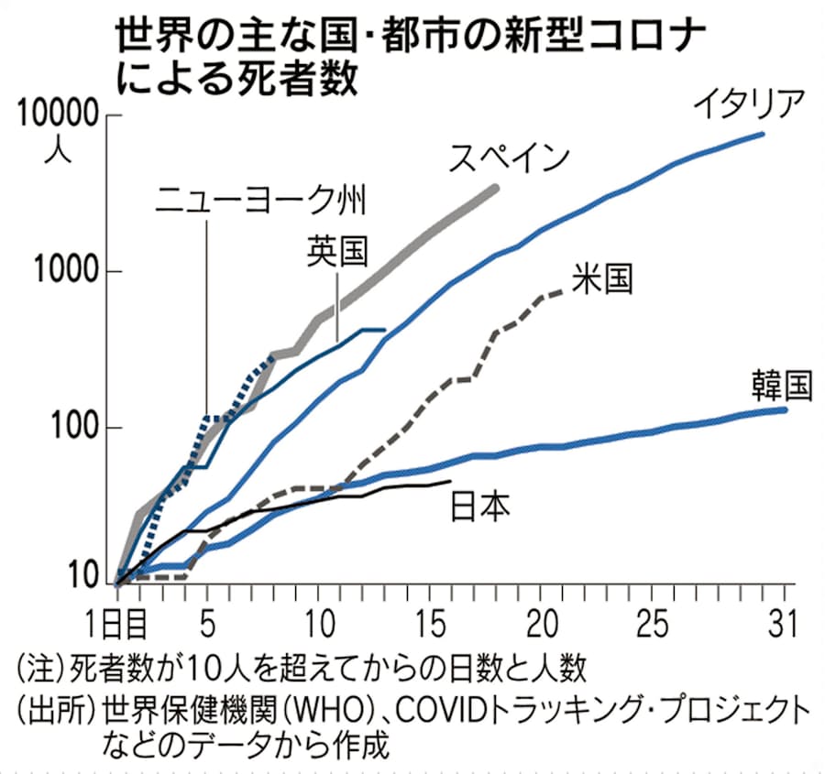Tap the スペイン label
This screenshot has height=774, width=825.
click(x=509, y=158)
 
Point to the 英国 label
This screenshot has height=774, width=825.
click(x=337, y=249)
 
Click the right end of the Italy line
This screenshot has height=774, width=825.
click(x=764, y=134)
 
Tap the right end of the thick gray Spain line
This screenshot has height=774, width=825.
click(x=497, y=188)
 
